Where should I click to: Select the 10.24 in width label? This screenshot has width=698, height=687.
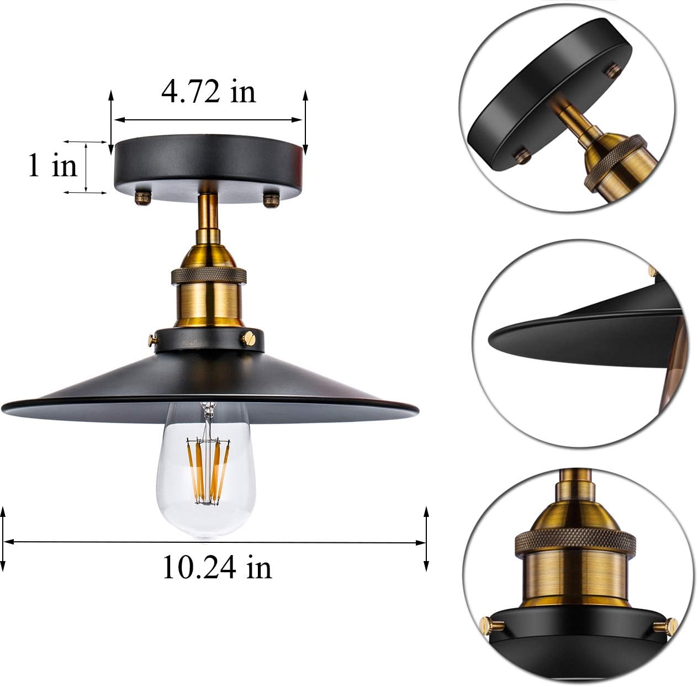coord(217,567)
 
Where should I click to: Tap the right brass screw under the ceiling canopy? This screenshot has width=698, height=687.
coord(271,199)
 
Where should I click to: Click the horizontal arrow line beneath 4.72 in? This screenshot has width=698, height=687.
coord(208,119)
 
